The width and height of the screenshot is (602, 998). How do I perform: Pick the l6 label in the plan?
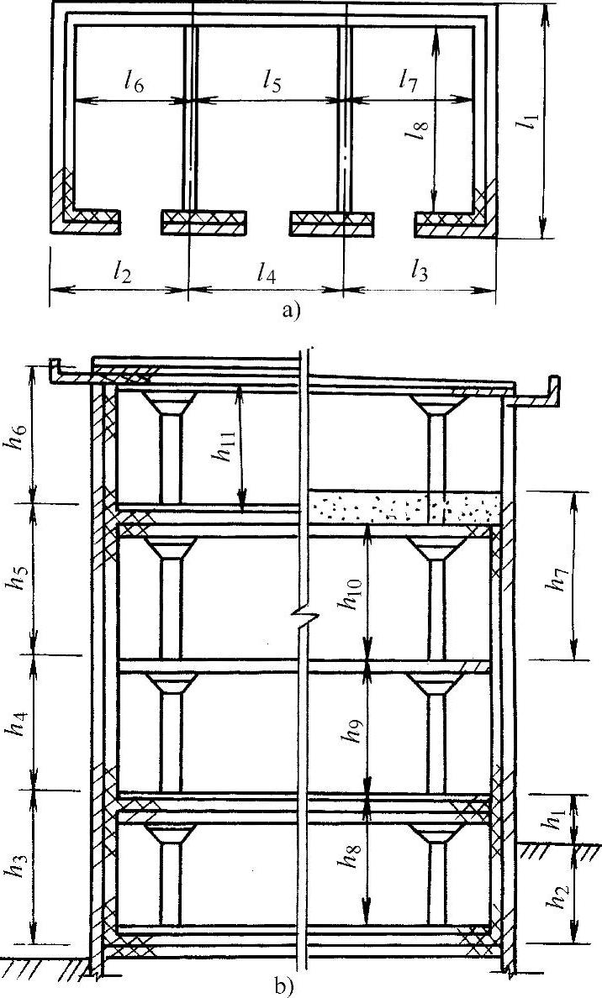tap(133, 81)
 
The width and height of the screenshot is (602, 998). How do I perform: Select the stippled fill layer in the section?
tap(404, 507)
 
